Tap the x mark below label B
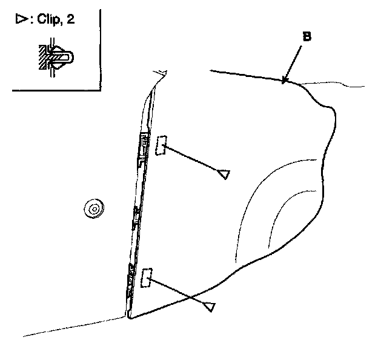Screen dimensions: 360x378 [283, 79]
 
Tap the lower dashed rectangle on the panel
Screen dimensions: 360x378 [145, 279]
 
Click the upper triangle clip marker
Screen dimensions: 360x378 [224, 175]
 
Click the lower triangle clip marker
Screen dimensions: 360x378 [210, 307]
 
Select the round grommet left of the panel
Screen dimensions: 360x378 [93, 210]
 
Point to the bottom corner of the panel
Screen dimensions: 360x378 [129, 317]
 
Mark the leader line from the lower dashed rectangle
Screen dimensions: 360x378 [179, 293]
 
